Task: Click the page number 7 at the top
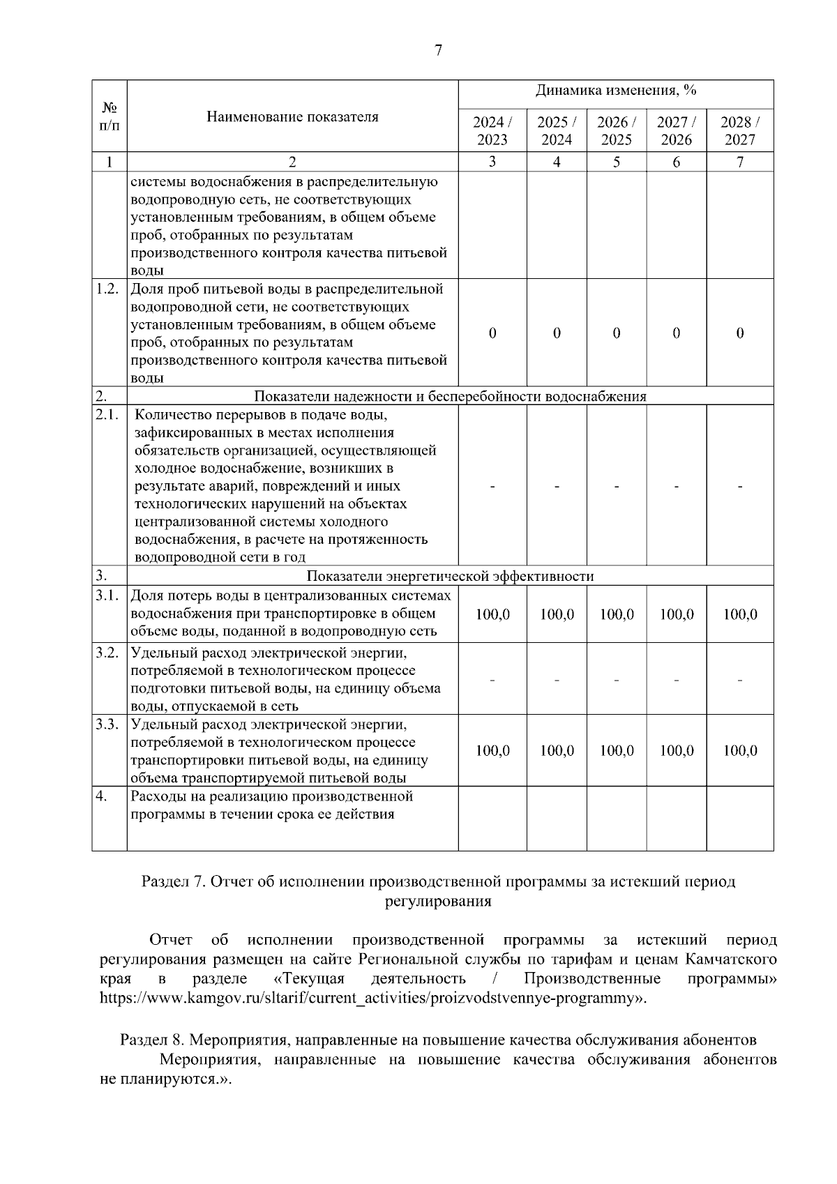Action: coord(438,50)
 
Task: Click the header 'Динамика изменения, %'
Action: coord(616,91)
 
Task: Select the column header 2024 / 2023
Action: coord(492,130)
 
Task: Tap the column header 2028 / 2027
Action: coord(739,130)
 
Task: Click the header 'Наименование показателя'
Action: coord(292,117)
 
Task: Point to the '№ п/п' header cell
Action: coord(110,116)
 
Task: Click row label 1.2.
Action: coord(108,289)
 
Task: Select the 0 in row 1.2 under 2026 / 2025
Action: coord(616,333)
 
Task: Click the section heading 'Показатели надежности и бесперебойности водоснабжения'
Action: coord(450,396)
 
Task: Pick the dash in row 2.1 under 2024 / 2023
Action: coord(492,486)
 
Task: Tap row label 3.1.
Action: coord(108,595)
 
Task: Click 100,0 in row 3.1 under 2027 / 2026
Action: coord(677,614)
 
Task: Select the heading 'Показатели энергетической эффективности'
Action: coord(450,576)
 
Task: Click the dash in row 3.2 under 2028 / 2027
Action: coord(739,679)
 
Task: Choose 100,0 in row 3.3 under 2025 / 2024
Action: coord(557,751)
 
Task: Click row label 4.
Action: coord(102,796)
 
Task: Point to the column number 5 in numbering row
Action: coord(616,162)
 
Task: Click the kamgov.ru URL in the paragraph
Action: coord(370,998)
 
